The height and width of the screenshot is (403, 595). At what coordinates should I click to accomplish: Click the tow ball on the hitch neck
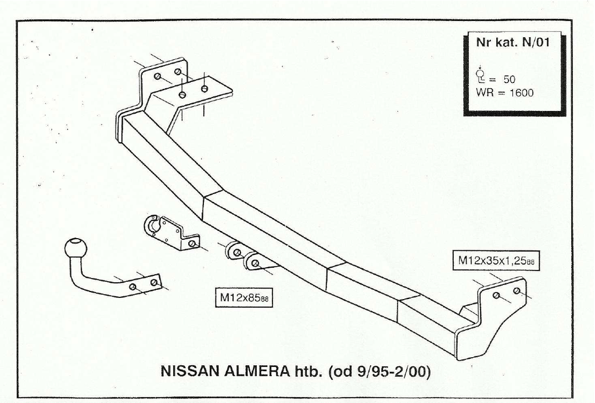[x=76, y=248]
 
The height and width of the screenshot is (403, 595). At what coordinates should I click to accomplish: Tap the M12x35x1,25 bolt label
[x=496, y=261]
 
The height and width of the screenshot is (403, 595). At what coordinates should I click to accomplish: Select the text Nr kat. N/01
[x=511, y=43]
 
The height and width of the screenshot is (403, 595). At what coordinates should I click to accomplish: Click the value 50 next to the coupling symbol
[x=510, y=80]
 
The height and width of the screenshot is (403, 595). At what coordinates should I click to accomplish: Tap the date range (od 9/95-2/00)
[x=379, y=372]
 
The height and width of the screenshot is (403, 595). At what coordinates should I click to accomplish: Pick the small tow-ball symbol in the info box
[x=481, y=74]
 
